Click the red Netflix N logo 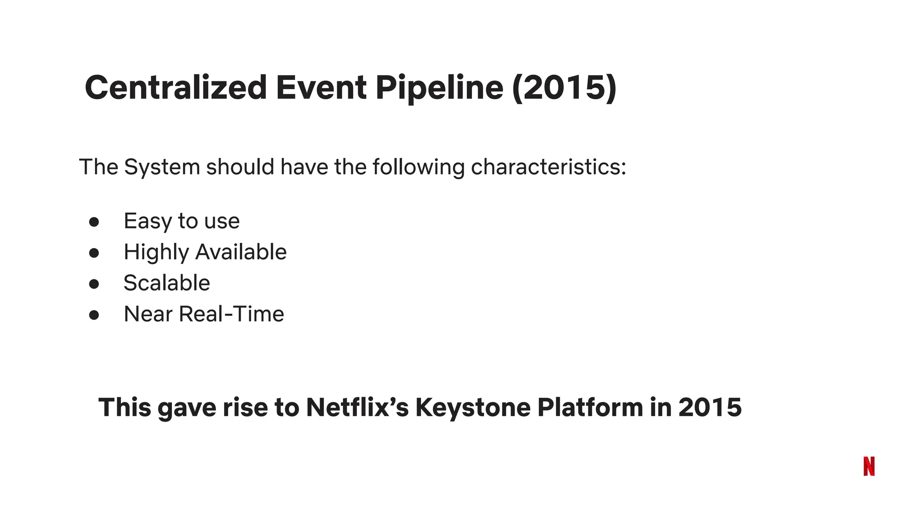[x=869, y=466]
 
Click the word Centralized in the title [x=176, y=87]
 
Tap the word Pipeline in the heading [x=439, y=87]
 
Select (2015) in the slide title [x=564, y=87]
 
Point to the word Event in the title [x=321, y=87]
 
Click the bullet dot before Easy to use [x=94, y=222]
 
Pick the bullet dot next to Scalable [x=94, y=284]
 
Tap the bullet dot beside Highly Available [x=94, y=253]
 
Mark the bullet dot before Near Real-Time [x=94, y=315]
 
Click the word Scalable [x=167, y=283]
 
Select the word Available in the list [x=241, y=252]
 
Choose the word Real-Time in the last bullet [x=232, y=314]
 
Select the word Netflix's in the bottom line [x=357, y=407]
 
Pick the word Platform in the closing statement [x=590, y=407]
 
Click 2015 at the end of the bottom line [x=710, y=407]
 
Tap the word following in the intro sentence [x=418, y=167]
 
